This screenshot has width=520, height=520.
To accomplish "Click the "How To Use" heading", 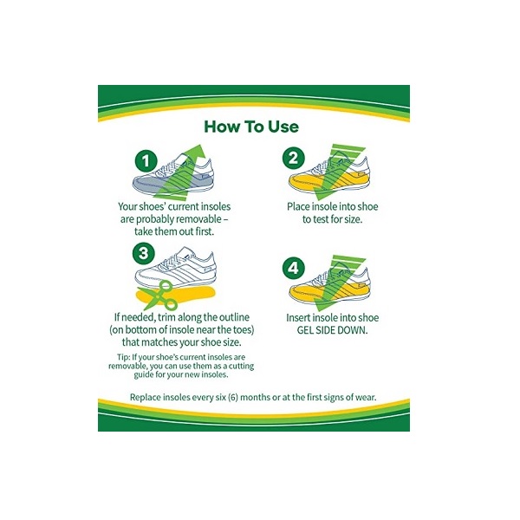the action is click(x=251, y=127).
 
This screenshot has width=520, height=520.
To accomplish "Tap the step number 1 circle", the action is click(x=146, y=161).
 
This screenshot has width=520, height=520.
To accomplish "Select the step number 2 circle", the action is click(x=294, y=158).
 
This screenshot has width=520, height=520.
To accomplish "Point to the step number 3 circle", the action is click(x=144, y=254).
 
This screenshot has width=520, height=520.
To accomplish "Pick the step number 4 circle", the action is click(x=294, y=268).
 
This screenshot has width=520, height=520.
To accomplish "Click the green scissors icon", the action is click(x=159, y=296).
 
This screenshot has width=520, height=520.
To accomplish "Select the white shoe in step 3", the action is click(x=176, y=267).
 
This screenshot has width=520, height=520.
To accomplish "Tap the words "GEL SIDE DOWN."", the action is click(x=332, y=330).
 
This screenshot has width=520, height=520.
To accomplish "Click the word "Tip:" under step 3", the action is click(x=123, y=357).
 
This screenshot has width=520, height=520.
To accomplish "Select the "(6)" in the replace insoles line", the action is click(x=233, y=397).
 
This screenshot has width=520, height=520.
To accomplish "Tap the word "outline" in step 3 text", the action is click(x=234, y=317).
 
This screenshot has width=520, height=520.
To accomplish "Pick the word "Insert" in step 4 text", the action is click(x=298, y=318).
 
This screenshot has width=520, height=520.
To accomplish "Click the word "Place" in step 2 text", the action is click(x=298, y=206).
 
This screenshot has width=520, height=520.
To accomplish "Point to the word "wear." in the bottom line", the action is click(x=366, y=397).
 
